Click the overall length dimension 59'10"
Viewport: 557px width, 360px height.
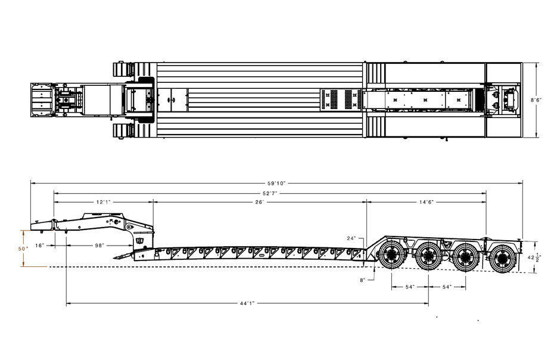click(276, 184)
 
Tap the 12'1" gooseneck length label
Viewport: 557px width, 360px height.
click(104, 202)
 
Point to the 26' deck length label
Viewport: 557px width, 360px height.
click(260, 202)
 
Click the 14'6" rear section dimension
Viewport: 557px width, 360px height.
click(427, 202)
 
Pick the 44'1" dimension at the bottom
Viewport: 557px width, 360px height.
click(247, 303)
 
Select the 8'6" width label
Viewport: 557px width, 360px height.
click(536, 100)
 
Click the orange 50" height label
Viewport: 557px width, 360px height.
click(23, 249)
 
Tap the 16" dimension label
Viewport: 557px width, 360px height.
click(40, 245)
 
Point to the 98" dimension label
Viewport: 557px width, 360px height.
click(99, 245)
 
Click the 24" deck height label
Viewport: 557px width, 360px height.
click(351, 238)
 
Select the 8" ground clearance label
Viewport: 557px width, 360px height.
click(362, 280)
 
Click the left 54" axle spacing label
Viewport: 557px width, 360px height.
click(410, 287)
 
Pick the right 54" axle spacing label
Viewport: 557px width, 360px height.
click(447, 287)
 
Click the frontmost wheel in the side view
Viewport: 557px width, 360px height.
click(391, 254)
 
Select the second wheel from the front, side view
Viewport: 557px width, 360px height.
click(428, 255)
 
